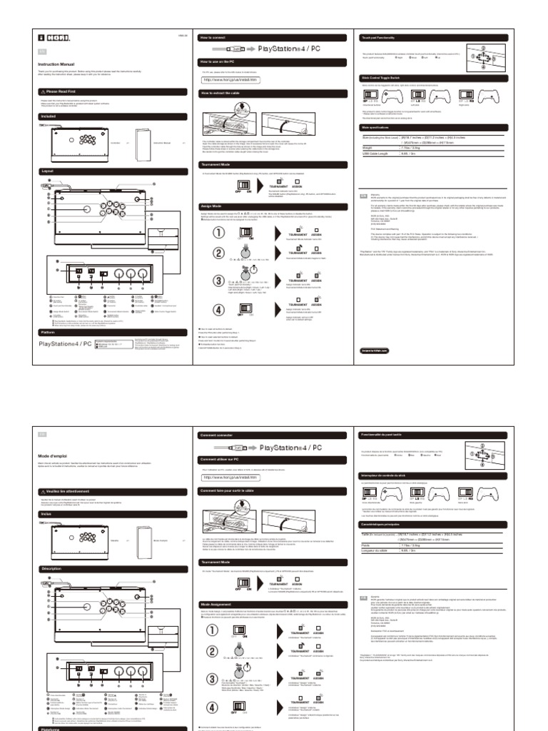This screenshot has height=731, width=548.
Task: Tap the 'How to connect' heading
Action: (x=214, y=36)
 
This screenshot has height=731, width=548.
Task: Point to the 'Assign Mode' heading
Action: (x=213, y=206)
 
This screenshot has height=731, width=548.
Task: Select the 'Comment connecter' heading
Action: (x=218, y=435)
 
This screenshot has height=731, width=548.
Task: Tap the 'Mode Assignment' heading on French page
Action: (x=216, y=604)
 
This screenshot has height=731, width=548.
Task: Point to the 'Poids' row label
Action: (x=367, y=548)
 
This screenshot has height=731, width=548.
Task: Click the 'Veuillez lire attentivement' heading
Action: (x=71, y=492)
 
